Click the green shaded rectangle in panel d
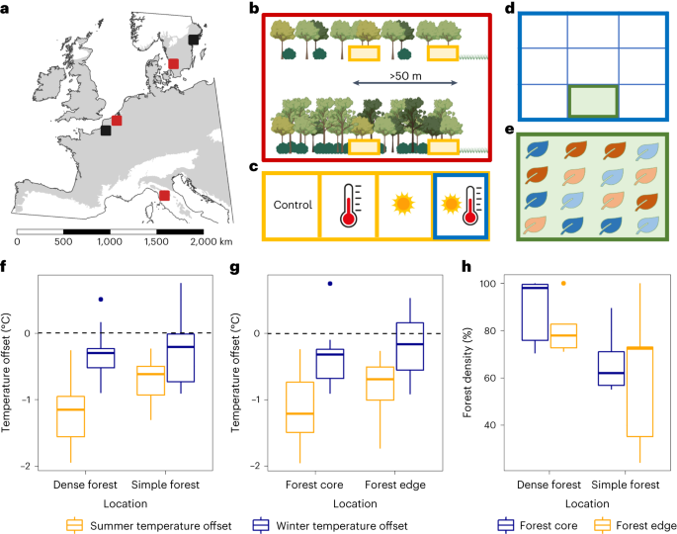[592, 102]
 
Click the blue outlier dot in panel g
[330, 284]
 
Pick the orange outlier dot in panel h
[564, 284]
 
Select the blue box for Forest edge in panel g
[408, 346]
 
